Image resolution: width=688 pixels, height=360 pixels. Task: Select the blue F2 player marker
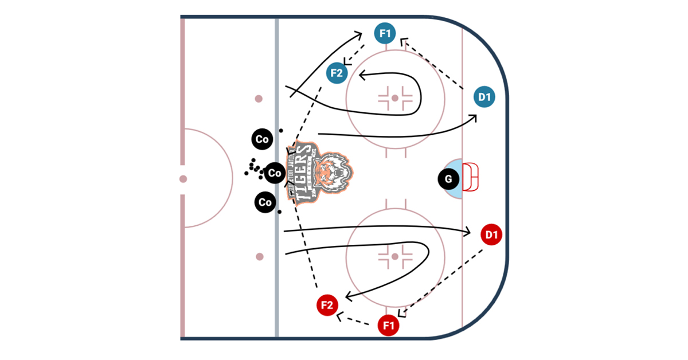coord(337,73)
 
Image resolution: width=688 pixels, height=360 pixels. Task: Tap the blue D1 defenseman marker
coord(485,97)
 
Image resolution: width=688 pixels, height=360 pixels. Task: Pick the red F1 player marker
coord(389,326)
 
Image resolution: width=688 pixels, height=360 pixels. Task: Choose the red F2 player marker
coord(327,305)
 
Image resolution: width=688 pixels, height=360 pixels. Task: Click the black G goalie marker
coord(448,179)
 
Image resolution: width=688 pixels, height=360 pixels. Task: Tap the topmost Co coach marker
coord(262,139)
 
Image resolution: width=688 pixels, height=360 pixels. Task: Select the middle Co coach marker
coord(275,173)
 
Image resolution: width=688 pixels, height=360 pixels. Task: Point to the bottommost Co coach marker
coord(264,202)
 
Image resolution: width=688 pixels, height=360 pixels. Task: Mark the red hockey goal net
coord(471,178)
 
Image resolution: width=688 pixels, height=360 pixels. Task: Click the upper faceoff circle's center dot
coord(394,98)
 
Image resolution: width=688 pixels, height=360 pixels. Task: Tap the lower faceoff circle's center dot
coord(394,257)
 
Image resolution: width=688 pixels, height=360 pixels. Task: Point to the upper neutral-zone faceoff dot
coord(259,99)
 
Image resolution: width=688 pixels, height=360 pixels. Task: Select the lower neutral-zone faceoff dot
coord(259,256)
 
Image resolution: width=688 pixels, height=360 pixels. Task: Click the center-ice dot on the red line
coord(183,179)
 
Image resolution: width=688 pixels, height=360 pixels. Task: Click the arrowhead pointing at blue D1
coord(474,118)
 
